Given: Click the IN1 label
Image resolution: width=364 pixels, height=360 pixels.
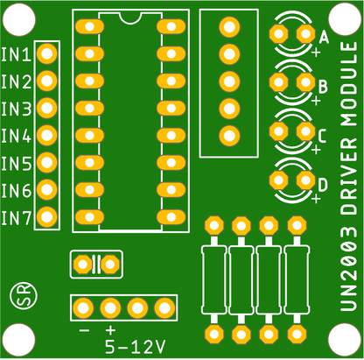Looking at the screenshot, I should click(x=16, y=55).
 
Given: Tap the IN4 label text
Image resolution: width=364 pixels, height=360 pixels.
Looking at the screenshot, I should click(x=16, y=136).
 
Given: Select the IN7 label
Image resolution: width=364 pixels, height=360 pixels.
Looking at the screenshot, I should click(x=16, y=217).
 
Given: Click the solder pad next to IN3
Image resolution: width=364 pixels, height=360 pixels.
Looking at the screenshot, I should click(x=47, y=109).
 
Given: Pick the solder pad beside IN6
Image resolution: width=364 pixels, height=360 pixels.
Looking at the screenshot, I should click(x=47, y=189).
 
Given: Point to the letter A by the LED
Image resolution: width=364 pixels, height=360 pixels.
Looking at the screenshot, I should click(x=324, y=39).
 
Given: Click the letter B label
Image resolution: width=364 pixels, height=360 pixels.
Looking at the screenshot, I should click(x=324, y=87).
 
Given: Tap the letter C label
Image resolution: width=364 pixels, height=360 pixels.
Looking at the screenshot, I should click(x=324, y=136).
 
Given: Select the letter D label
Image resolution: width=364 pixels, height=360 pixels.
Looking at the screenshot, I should click(x=324, y=184).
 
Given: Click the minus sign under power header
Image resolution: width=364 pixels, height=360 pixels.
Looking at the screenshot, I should click(x=84, y=330).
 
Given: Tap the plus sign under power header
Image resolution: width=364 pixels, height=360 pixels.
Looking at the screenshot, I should click(x=110, y=330).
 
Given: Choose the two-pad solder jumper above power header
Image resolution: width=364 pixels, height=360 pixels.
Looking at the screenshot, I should click(x=95, y=264).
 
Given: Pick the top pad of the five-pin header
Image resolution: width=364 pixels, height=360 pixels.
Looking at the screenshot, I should click(x=228, y=27).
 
